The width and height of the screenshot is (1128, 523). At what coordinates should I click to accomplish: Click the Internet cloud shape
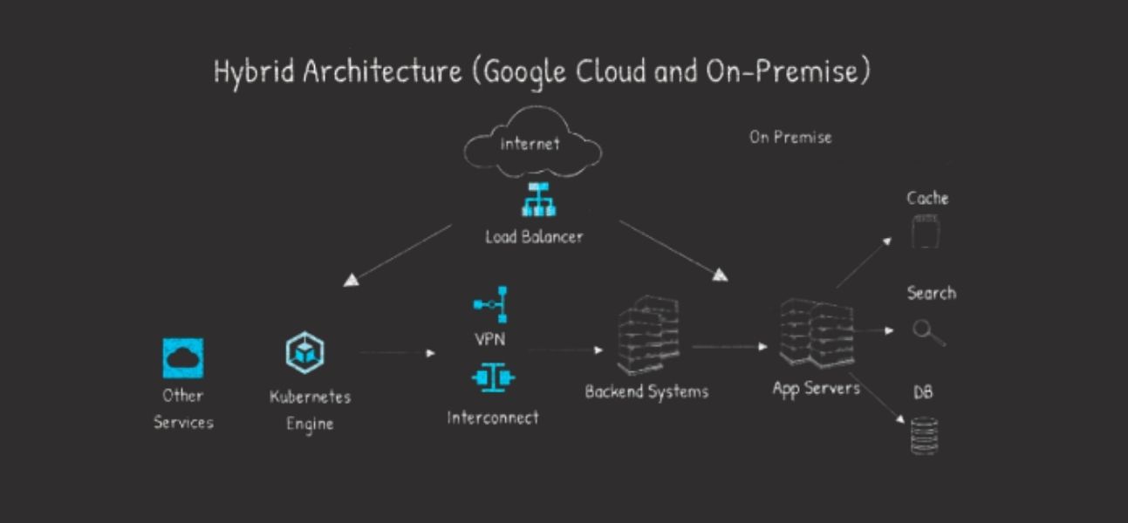coord(531,144)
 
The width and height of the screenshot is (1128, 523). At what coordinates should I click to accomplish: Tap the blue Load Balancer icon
coord(538,200)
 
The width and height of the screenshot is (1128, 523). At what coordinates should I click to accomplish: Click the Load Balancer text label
coord(534,236)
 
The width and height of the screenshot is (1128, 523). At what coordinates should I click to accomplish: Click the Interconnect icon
coord(493,377)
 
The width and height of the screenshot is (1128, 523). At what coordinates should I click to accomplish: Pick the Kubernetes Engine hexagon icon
coord(305,352)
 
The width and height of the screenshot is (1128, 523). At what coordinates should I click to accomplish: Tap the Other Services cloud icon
coord(182,357)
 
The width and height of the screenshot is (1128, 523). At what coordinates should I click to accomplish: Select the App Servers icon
coord(816,334)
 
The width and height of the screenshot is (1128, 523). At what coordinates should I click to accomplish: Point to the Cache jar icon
coord(926,232)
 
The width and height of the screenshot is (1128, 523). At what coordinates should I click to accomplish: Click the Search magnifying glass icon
coord(926,332)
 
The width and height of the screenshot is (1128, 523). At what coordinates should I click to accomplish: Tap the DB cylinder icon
coord(924,436)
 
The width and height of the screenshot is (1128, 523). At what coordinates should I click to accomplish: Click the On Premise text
coord(790,137)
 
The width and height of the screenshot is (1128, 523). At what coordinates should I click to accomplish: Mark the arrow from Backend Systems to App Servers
coord(729,347)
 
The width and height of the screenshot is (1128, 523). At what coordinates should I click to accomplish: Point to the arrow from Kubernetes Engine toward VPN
coord(397,353)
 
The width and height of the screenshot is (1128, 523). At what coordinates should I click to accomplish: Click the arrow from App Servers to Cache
coord(864,261)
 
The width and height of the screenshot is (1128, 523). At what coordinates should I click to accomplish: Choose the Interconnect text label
coord(493,418)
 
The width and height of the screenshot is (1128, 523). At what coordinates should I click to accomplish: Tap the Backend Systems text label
coord(646,391)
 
